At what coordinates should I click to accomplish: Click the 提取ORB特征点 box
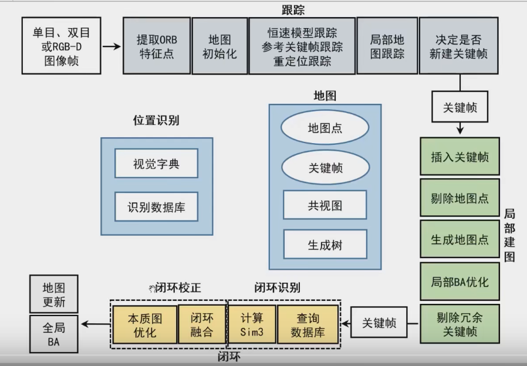point(157,46)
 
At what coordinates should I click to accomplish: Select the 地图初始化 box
point(219,46)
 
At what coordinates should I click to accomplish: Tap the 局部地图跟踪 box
point(387,46)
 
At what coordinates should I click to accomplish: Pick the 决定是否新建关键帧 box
point(458,46)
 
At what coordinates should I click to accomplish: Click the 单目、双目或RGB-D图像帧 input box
point(61,46)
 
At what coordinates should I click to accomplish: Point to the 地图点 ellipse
point(325,128)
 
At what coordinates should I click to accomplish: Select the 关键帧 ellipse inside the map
point(325,168)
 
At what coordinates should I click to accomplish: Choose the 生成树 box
point(325,245)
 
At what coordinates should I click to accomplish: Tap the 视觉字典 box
point(156,164)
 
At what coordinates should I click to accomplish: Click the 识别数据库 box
point(156,207)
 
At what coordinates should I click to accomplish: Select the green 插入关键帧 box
point(460,157)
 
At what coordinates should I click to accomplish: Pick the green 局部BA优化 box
point(460,282)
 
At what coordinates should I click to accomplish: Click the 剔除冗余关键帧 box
point(460,324)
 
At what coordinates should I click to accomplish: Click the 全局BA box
point(53,334)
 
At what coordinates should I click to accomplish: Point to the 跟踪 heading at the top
point(293,10)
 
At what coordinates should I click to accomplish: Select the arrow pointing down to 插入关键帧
point(460,127)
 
